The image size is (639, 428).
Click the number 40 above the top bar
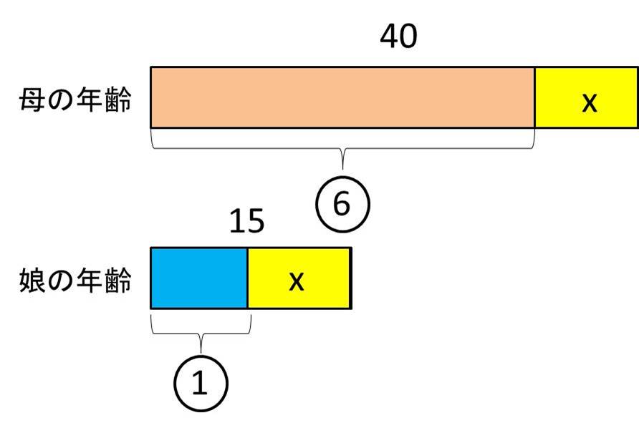[398, 37]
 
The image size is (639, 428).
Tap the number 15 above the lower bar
[246, 222]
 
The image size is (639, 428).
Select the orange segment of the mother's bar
[342, 97]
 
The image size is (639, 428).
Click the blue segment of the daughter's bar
[198, 278]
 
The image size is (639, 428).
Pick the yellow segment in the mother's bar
[586, 97]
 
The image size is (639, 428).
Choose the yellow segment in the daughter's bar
[299, 278]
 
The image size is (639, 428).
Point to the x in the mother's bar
[589, 102]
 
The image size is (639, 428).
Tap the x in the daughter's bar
[296, 281]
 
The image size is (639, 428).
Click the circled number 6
[342, 205]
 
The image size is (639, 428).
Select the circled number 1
[200, 384]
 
